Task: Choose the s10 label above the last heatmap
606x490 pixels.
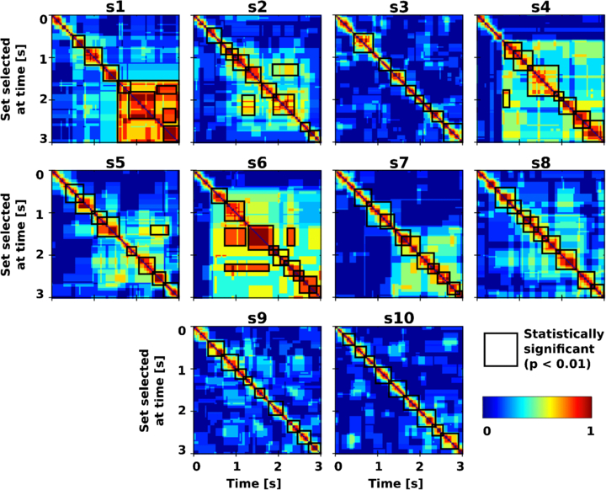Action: (x=398, y=317)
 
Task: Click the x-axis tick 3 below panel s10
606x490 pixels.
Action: (x=460, y=465)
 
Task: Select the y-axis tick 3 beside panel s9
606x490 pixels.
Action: (x=183, y=450)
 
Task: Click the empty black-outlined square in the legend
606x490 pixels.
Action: (x=500, y=349)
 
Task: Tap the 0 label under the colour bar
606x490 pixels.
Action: (x=486, y=430)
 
